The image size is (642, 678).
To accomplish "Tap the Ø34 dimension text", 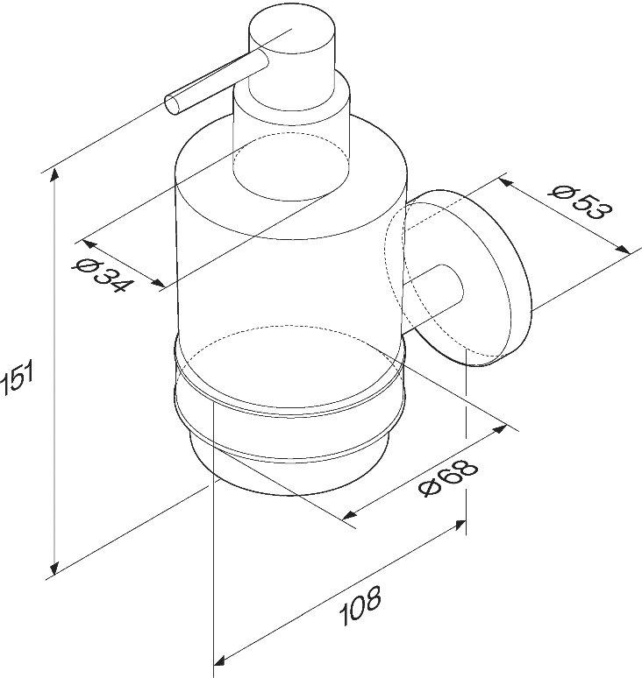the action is [x=102, y=275].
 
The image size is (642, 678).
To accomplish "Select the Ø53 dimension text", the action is [x=581, y=202].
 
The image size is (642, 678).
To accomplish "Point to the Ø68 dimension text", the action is [x=448, y=477].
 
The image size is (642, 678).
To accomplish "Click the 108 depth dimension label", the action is [x=360, y=605].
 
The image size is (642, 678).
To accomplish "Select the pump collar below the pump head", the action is [x=291, y=138].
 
